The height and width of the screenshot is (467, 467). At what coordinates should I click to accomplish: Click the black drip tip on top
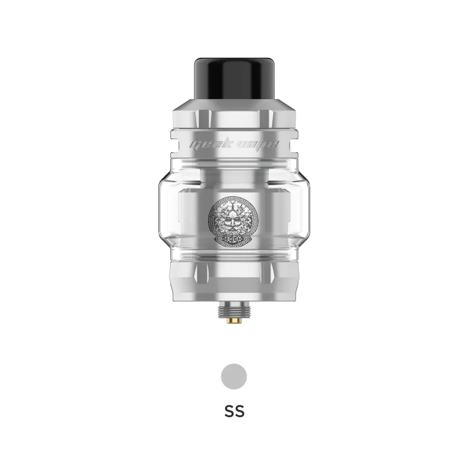233,77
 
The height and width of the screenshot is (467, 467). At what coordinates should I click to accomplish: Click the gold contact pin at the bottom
233,323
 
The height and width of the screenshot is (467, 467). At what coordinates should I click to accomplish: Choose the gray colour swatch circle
233,376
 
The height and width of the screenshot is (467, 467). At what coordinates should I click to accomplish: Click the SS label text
233,412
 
